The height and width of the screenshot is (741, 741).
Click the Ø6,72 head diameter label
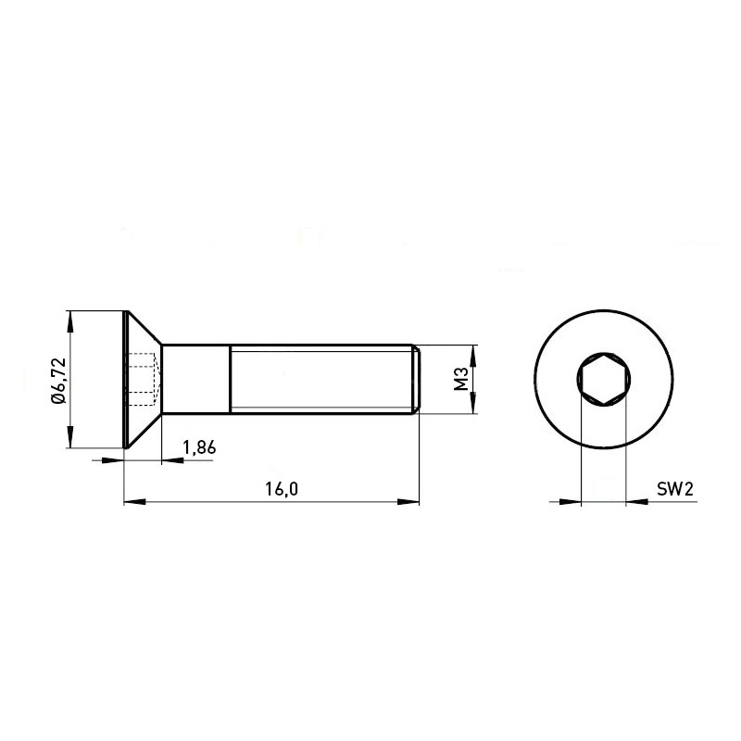click(x=59, y=381)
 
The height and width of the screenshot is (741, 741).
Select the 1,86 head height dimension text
click(x=199, y=447)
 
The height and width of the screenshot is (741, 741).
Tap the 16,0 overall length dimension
click(x=282, y=489)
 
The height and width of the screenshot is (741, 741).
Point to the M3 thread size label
click(x=460, y=379)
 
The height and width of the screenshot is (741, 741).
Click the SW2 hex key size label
click(x=675, y=489)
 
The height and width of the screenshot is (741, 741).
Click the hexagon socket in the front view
click(x=604, y=379)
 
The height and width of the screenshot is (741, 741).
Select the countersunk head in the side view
click(x=143, y=379)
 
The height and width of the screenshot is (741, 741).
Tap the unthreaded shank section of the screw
click(x=196, y=379)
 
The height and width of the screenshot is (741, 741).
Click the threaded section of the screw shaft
click(x=320, y=379)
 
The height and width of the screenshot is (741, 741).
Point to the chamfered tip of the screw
click(x=416, y=379)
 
